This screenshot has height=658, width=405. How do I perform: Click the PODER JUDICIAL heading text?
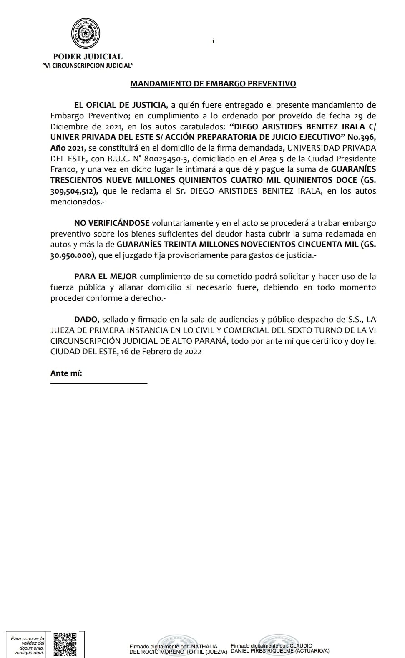[x=88, y=57]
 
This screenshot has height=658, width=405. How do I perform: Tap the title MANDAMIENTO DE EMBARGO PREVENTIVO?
[x=213, y=83]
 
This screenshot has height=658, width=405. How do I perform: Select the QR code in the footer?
[x=65, y=644]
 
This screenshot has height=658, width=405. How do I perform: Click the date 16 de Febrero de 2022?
[x=161, y=351]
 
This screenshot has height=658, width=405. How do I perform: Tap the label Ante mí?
[x=66, y=373]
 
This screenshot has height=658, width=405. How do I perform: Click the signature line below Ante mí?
[x=98, y=383]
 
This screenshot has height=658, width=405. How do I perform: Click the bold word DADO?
[x=86, y=320]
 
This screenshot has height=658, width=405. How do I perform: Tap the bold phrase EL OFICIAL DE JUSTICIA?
[x=120, y=105]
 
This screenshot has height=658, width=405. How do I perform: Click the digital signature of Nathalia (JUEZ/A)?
[x=178, y=649]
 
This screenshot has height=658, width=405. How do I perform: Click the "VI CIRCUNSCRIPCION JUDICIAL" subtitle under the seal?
[x=88, y=66]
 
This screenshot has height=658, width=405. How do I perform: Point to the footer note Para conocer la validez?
[x=28, y=645]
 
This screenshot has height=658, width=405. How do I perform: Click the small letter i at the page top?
[x=213, y=41]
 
